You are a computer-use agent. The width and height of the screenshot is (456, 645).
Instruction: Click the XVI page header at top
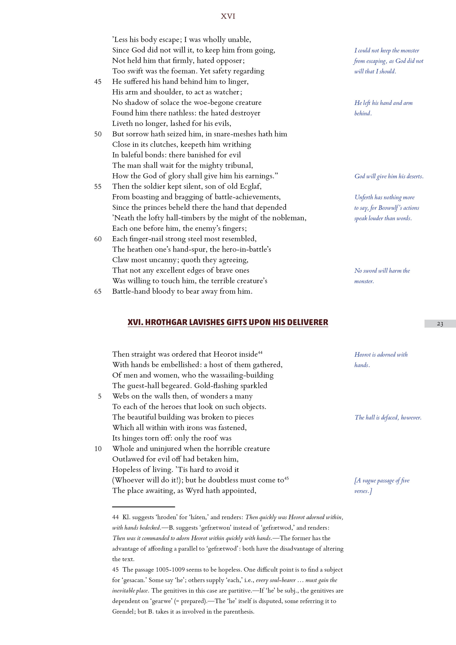tap(228, 17)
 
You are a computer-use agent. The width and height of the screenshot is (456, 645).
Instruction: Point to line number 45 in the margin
tap(98, 82)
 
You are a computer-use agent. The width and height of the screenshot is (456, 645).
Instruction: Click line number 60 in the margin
tap(98, 239)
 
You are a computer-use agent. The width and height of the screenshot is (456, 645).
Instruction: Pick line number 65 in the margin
tap(98, 292)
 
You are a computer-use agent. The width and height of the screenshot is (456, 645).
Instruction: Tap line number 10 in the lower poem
tap(98, 449)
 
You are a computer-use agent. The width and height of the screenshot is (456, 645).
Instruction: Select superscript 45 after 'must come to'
tap(286, 478)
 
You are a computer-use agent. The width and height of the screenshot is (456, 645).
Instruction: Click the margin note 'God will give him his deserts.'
tap(389, 176)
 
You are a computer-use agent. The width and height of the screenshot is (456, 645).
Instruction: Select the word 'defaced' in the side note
tap(389, 418)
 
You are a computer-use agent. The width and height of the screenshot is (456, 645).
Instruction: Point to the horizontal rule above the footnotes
tap(143, 507)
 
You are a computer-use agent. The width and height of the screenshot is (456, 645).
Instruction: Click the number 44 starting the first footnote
tap(115, 517)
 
